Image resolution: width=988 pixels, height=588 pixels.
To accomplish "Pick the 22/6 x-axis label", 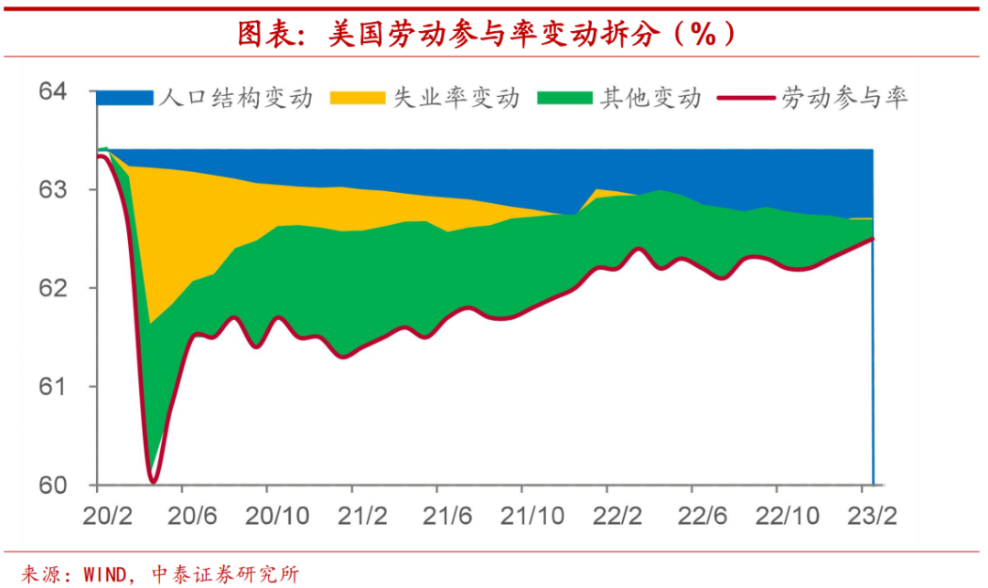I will tap(701, 516).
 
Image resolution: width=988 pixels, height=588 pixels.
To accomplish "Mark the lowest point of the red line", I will tap(153, 480).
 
